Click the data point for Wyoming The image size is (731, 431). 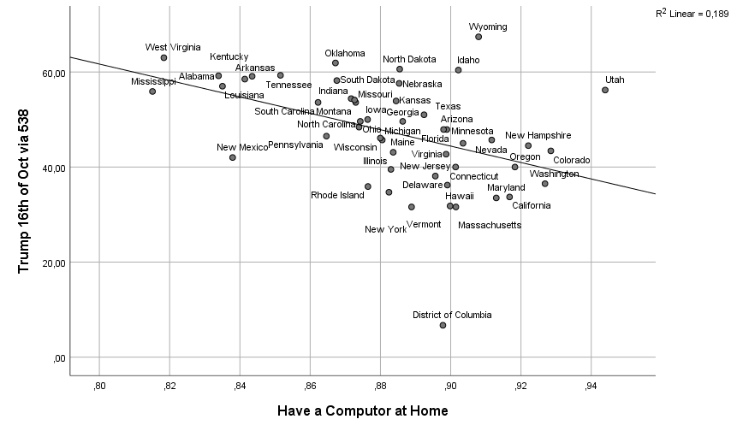(478, 37)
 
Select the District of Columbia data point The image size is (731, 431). (443, 325)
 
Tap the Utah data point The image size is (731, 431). (605, 90)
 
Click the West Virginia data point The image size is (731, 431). (163, 57)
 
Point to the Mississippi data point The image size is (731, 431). (152, 92)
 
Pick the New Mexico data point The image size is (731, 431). (233, 157)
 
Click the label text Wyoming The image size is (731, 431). (488, 27)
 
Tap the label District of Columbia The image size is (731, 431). (452, 315)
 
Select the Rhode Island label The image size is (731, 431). (337, 195)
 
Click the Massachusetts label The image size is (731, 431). (490, 226)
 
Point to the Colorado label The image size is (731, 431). (571, 160)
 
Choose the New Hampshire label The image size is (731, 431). (538, 135)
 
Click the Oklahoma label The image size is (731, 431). (345, 53)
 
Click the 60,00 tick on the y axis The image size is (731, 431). (54, 73)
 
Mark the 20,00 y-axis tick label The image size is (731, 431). (54, 263)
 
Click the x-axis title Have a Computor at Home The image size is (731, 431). (362, 411)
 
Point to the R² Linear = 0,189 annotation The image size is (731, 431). (692, 13)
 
